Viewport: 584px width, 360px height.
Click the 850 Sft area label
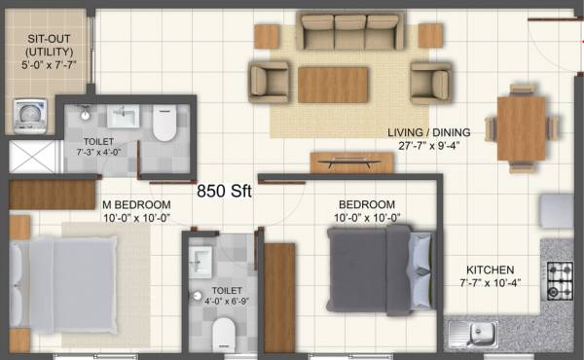pyautogui.click(x=224, y=192)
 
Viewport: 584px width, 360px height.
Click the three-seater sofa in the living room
pyautogui.click(x=351, y=32)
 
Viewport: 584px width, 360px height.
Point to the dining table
pyautogui.click(x=521, y=126)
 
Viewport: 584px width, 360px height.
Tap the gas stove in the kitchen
pyautogui.click(x=560, y=280)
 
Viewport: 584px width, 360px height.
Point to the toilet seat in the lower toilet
pyautogui.click(x=224, y=333)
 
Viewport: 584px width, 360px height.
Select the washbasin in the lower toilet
pyautogui.click(x=201, y=259)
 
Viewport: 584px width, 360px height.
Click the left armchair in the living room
pyautogui.click(x=270, y=82)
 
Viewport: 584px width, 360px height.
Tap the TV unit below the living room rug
pyautogui.click(x=351, y=162)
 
